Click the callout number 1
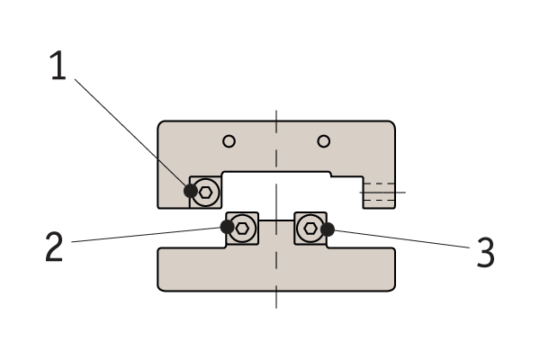coord(58,68)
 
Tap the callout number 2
coord(54,247)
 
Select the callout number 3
coord(486,253)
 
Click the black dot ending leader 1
coord(191,191)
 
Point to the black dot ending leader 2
coord(227,227)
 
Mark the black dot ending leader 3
coord(328,229)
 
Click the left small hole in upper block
coord(229,140)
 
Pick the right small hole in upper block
coord(324,140)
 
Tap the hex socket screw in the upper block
coord(206,191)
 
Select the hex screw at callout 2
coord(243,228)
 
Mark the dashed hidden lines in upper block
coord(378,192)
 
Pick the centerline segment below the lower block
coord(276,299)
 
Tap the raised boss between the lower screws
coord(276,232)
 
